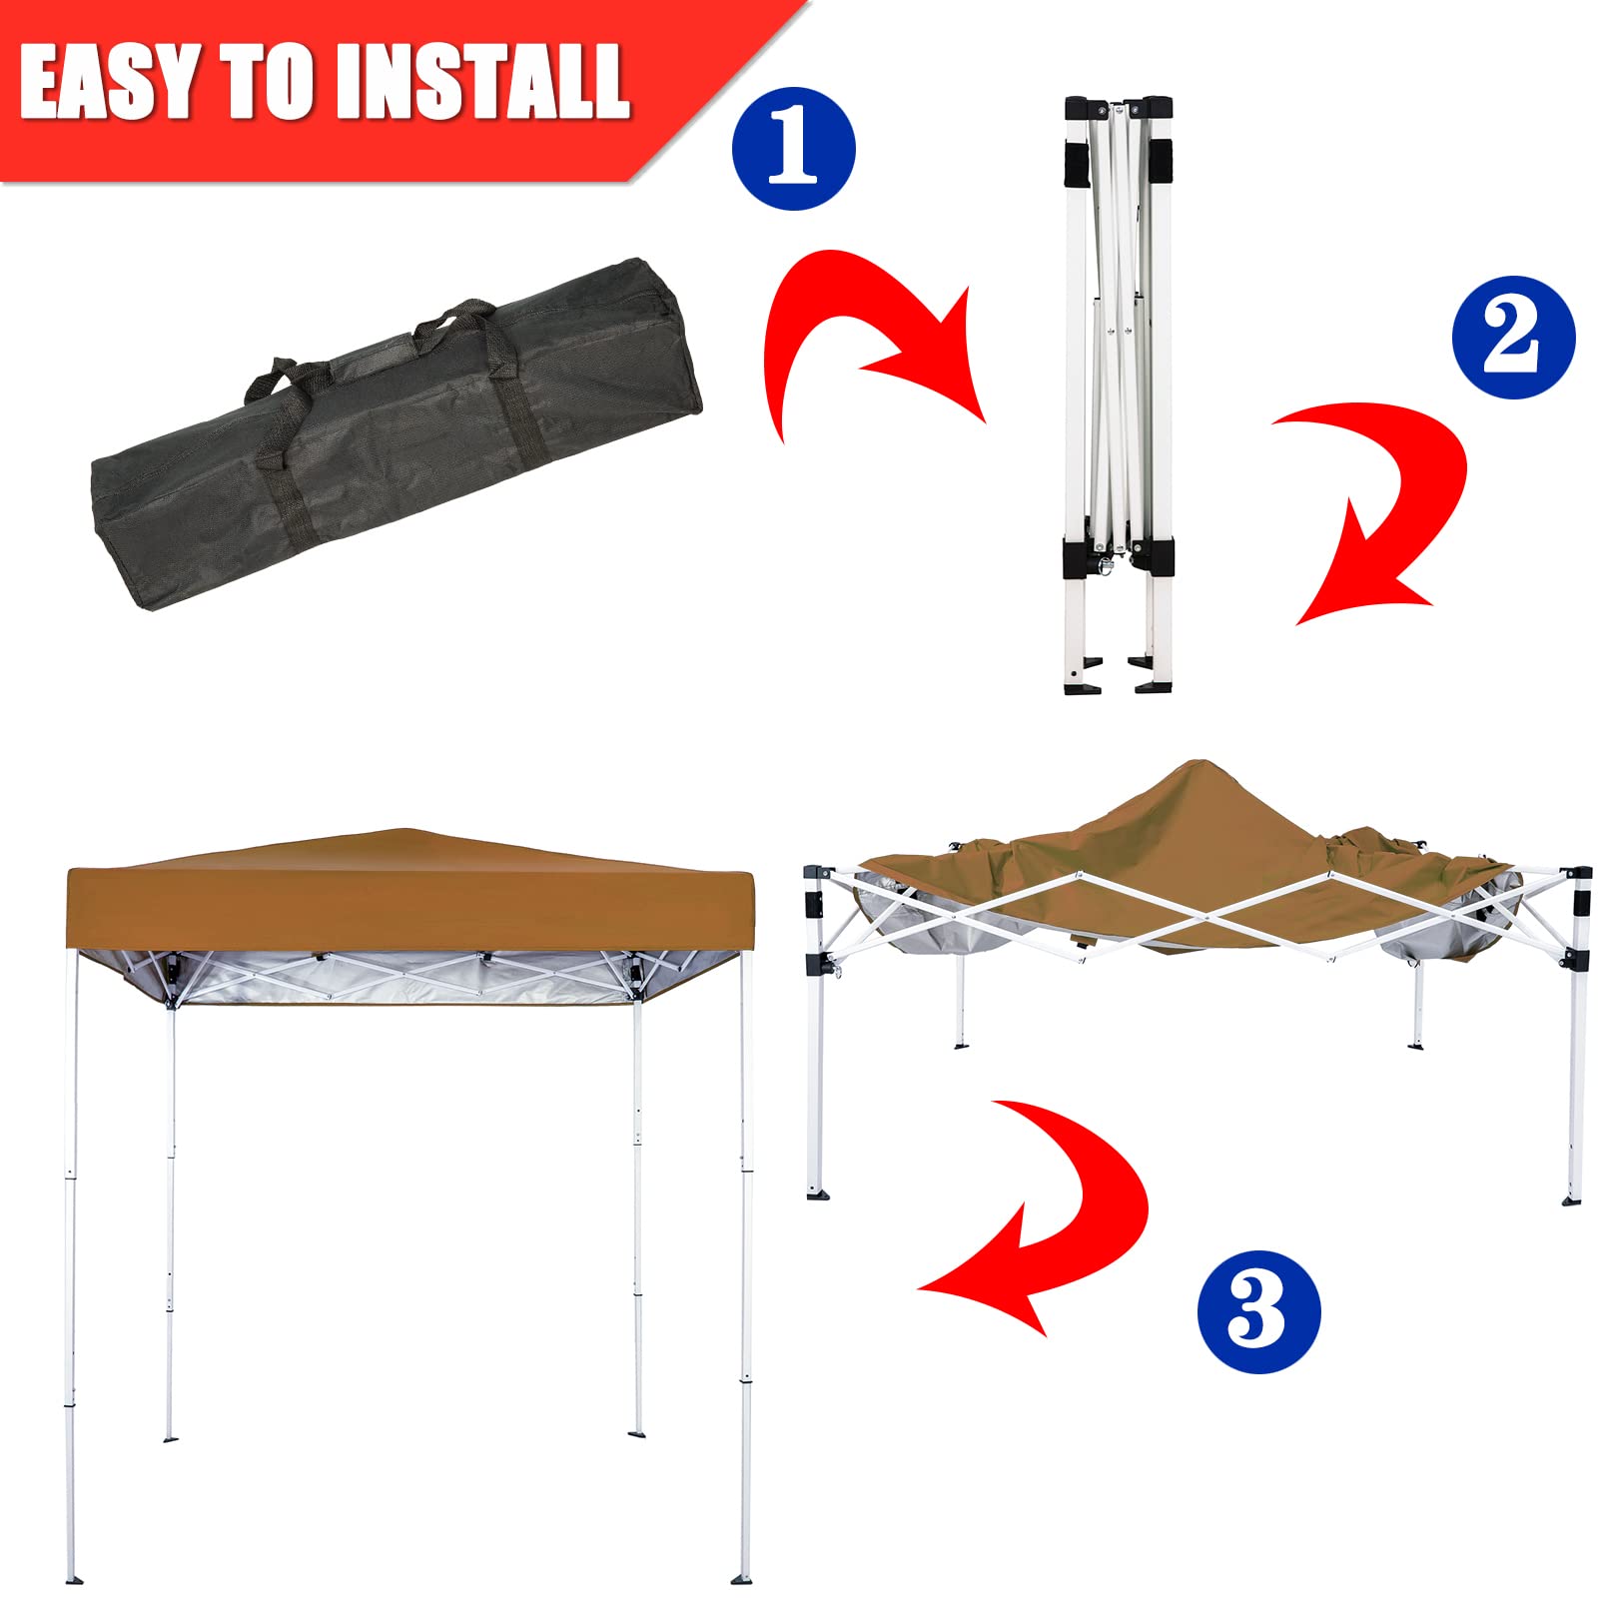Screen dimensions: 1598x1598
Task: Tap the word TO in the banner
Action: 268,83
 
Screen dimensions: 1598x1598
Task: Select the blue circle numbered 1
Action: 794,150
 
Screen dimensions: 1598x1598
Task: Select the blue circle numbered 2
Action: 1513,338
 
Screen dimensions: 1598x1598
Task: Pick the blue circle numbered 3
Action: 1258,1310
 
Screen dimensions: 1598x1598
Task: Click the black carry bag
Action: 397,434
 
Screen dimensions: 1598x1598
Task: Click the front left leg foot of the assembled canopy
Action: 73,1579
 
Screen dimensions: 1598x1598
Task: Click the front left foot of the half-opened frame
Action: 818,1193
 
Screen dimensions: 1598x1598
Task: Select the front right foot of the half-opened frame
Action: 1573,1198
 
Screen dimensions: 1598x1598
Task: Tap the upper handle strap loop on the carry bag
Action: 454,318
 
